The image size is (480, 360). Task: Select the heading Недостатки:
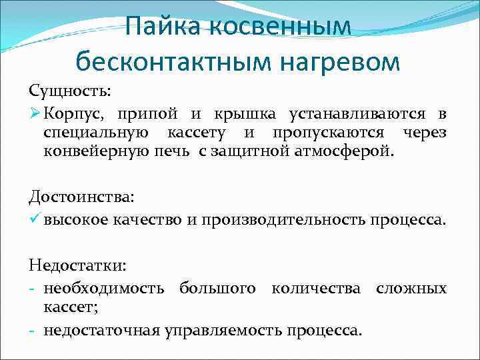(x=77, y=265)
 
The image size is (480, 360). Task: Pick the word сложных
(x=411, y=289)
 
